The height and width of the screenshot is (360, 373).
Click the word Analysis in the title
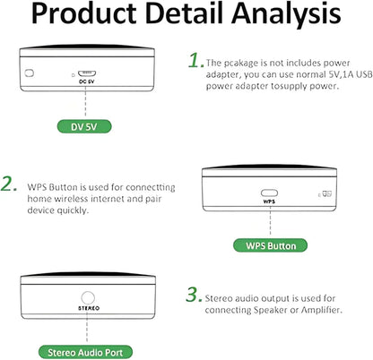286,14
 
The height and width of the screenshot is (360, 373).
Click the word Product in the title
83,13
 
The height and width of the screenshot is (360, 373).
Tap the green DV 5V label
84,126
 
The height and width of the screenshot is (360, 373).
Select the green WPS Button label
270,245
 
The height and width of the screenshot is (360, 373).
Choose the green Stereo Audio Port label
85,352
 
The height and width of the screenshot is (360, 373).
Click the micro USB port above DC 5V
87,73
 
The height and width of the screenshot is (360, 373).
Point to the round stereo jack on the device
88,298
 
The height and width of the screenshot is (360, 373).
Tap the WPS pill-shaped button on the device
269,193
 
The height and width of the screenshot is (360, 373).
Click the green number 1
196,60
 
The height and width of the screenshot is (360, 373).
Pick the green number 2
9,184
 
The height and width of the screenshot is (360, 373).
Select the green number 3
194,294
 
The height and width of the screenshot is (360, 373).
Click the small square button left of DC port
30,73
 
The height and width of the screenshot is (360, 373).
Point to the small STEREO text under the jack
89,308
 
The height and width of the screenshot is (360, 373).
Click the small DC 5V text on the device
86,81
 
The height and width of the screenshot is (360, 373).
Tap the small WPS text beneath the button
269,201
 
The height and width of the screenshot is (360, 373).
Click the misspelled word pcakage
241,64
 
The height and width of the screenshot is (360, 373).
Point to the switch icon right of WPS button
327,194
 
